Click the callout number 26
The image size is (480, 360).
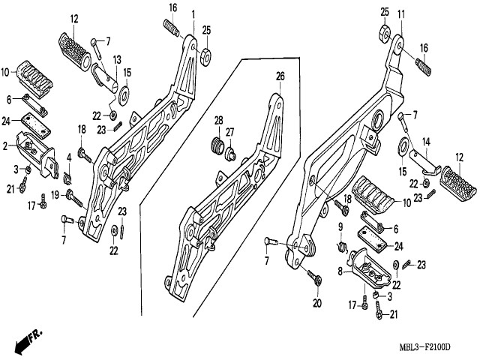(280, 76)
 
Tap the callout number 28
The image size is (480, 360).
(219, 120)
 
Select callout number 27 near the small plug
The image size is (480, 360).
(230, 132)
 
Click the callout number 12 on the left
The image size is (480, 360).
(74, 18)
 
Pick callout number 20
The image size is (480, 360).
(316, 303)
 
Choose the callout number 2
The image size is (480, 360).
(5, 144)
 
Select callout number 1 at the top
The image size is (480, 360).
(193, 13)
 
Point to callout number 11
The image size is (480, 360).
(401, 14)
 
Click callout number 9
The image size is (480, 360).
(339, 226)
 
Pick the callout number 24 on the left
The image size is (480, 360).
(5, 120)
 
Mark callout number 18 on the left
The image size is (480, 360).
(81, 130)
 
